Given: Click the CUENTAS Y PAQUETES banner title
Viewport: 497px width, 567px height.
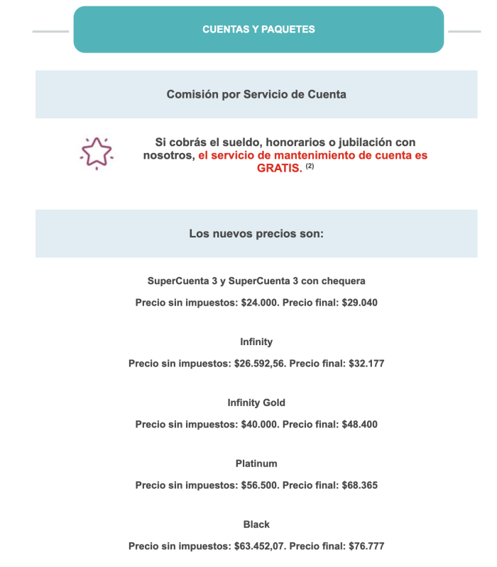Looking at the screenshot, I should coord(258,29).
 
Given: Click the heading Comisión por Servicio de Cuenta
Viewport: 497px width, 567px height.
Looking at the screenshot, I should coord(256,94).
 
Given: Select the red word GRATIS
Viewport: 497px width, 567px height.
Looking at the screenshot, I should coord(280,168).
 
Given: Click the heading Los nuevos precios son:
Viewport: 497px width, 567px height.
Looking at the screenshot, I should coord(256,232).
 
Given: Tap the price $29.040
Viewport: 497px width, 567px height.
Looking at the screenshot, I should coord(359,303).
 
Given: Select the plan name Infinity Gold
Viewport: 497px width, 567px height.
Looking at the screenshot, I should coord(256,403).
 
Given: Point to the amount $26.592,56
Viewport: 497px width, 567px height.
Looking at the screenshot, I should coord(260,364).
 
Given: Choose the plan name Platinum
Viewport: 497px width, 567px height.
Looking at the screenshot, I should coord(256,464).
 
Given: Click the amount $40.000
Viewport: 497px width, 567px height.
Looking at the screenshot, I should coord(256,425).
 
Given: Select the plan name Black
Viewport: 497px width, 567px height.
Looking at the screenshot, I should coord(256,524).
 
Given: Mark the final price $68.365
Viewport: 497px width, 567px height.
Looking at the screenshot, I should coord(359,485).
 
